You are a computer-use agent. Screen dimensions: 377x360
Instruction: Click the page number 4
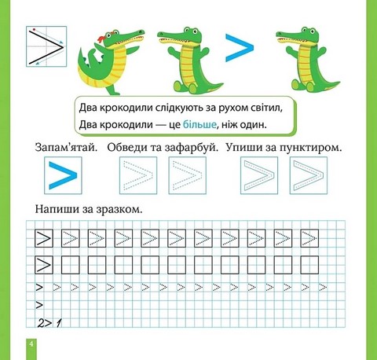tap(31, 343)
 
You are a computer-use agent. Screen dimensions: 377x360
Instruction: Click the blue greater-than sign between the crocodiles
tap(240, 48)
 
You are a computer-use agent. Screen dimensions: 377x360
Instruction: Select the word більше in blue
tap(199, 124)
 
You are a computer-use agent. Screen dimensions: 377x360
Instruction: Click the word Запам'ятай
tap(66, 148)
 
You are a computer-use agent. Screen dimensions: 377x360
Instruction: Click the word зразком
tap(119, 210)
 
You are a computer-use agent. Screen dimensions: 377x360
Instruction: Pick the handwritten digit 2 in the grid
tap(41, 323)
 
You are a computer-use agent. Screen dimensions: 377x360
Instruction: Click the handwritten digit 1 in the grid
tap(59, 323)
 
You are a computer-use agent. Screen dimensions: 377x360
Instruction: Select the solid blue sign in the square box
tap(63, 175)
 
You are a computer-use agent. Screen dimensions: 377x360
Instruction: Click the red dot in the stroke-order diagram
tap(34, 29)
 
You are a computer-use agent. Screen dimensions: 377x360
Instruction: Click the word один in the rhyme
tap(254, 124)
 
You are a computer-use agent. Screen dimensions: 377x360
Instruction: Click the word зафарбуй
tap(192, 148)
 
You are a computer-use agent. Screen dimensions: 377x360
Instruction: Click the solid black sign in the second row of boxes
tap(44, 265)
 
